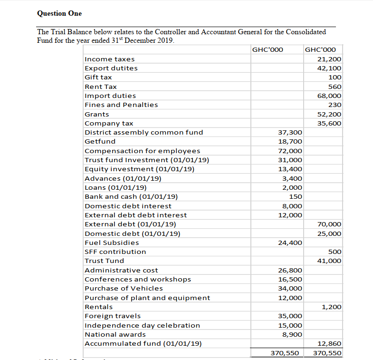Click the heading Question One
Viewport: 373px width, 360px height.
59,13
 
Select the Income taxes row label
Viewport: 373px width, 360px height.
109,59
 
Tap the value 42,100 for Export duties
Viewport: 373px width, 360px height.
329,68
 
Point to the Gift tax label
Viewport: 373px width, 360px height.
98,77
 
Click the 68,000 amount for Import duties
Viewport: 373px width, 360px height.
329,96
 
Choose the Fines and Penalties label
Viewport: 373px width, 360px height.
121,105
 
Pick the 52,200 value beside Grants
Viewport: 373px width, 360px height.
329,114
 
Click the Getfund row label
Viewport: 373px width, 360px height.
100,141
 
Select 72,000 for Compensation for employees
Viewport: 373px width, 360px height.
290,151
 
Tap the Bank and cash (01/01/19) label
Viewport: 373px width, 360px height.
131,196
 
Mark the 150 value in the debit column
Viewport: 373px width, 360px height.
296,196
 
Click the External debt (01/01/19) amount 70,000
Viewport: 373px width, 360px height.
329,224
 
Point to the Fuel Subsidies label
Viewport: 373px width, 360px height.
112,243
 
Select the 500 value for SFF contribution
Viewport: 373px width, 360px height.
335,252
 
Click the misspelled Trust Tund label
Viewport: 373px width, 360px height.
104,261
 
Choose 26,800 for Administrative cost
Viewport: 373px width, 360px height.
290,270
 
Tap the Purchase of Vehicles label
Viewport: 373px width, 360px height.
124,288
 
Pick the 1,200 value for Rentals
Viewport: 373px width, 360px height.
332,307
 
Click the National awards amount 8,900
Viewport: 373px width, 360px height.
292,334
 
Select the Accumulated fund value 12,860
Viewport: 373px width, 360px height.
329,343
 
